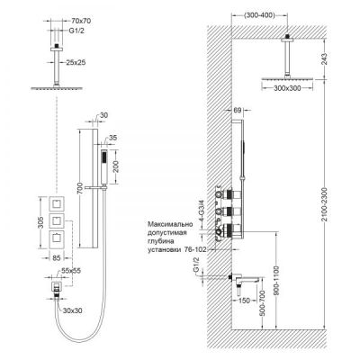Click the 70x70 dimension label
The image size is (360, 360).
[81, 21]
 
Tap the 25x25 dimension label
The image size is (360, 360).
[76, 62]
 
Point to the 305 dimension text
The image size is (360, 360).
[41, 222]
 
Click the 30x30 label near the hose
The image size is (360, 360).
[72, 310]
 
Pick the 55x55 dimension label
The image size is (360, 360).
[71, 270]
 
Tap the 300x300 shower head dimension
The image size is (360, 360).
[288, 88]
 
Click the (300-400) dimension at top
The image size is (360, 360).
[258, 15]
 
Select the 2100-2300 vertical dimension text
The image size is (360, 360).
[324, 204]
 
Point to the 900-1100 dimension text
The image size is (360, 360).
[276, 281]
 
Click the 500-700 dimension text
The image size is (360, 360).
[262, 304]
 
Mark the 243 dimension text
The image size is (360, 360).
[323, 60]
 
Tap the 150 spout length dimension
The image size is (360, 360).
[245, 301]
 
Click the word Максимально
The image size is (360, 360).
[170, 224]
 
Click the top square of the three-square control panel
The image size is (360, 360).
[56, 204]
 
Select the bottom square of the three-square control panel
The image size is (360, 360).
[56, 238]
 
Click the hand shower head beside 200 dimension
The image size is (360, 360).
[104, 166]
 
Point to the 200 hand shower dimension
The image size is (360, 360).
[118, 166]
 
